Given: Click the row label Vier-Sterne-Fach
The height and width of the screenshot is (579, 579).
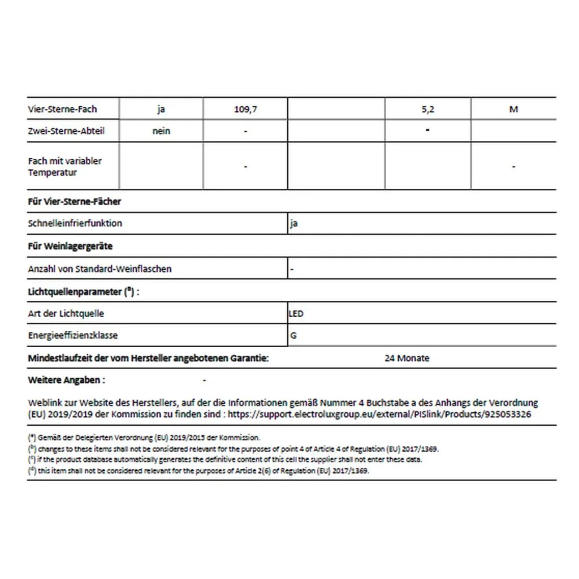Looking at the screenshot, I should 62,109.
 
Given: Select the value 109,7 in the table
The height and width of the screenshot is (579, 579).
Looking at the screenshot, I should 245,109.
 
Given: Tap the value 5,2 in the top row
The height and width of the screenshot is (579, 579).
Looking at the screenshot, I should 427,109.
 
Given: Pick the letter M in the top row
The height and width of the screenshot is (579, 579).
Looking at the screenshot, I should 513,109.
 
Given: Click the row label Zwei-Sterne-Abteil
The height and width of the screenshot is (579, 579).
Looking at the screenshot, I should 66,131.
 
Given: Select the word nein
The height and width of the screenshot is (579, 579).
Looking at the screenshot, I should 161,131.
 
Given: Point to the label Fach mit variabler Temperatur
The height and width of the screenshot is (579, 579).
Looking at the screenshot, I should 64,166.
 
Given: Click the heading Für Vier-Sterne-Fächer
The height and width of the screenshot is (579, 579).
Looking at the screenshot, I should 74,201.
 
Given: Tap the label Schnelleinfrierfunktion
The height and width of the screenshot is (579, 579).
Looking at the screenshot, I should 75,223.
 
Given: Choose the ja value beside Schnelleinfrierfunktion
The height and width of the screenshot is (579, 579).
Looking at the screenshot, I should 293,223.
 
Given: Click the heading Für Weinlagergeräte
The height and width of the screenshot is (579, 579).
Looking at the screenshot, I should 70,247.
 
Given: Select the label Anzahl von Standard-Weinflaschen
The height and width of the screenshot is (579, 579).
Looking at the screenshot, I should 100,269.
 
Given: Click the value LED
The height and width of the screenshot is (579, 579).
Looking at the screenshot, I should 297,313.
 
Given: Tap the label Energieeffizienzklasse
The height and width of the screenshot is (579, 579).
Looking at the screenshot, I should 73,335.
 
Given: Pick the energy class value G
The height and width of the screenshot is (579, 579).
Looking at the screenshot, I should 293,335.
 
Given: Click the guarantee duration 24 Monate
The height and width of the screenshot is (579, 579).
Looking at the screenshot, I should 407,358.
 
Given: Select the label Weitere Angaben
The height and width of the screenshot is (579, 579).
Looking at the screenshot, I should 66,381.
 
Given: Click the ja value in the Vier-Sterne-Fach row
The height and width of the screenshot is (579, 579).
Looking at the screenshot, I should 161,109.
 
